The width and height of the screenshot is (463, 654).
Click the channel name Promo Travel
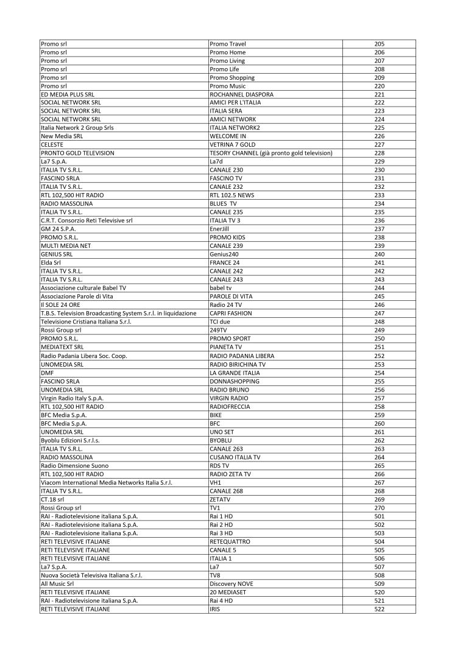pyautogui.click(x=228, y=44)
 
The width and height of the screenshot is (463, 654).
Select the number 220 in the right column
pyautogui.click(x=379, y=86)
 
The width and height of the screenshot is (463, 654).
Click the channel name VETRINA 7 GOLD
pyautogui.click(x=232, y=145)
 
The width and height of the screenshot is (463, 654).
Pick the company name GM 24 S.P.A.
pyautogui.click(x=58, y=229)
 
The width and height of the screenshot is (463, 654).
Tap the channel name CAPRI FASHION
pyautogui.click(x=230, y=314)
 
